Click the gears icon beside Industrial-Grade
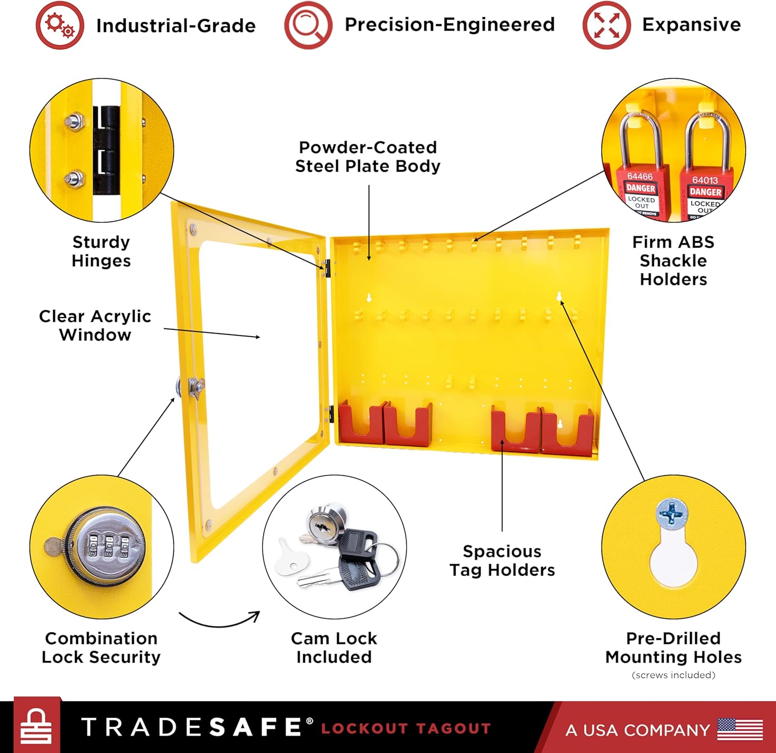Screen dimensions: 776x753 59,25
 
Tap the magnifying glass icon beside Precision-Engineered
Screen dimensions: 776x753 308,25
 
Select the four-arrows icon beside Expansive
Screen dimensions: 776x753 606,25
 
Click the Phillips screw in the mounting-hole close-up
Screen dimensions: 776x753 671,514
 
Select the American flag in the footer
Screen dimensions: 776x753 740,729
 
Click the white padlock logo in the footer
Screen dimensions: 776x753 36,727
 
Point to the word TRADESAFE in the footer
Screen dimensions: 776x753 191,727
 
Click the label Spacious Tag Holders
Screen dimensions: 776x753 502,561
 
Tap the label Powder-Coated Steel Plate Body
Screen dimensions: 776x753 368,157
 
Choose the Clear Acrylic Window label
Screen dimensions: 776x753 95,325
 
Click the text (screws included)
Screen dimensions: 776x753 673,675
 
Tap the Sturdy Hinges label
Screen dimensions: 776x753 101,251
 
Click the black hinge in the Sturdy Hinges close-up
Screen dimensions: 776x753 107,150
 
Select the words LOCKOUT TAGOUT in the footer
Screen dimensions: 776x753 406,729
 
